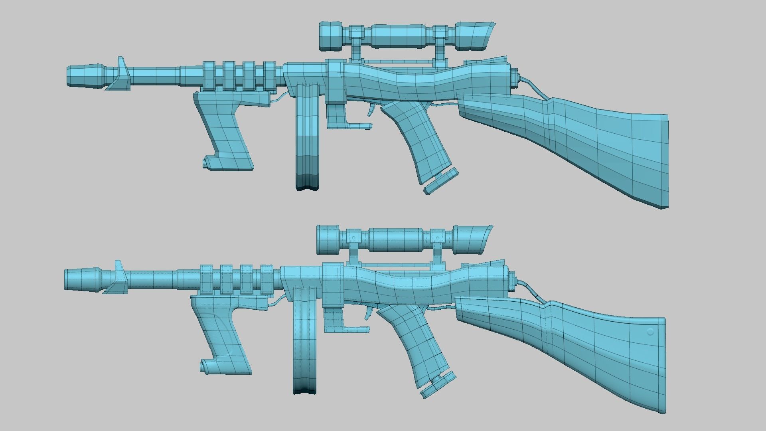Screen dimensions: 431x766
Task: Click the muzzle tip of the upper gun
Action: coord(69,76)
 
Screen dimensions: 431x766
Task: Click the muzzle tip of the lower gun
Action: coord(67,279)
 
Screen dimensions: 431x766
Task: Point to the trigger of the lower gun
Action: coord(367,313)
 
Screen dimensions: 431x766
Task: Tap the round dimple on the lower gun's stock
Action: coord(650,332)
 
